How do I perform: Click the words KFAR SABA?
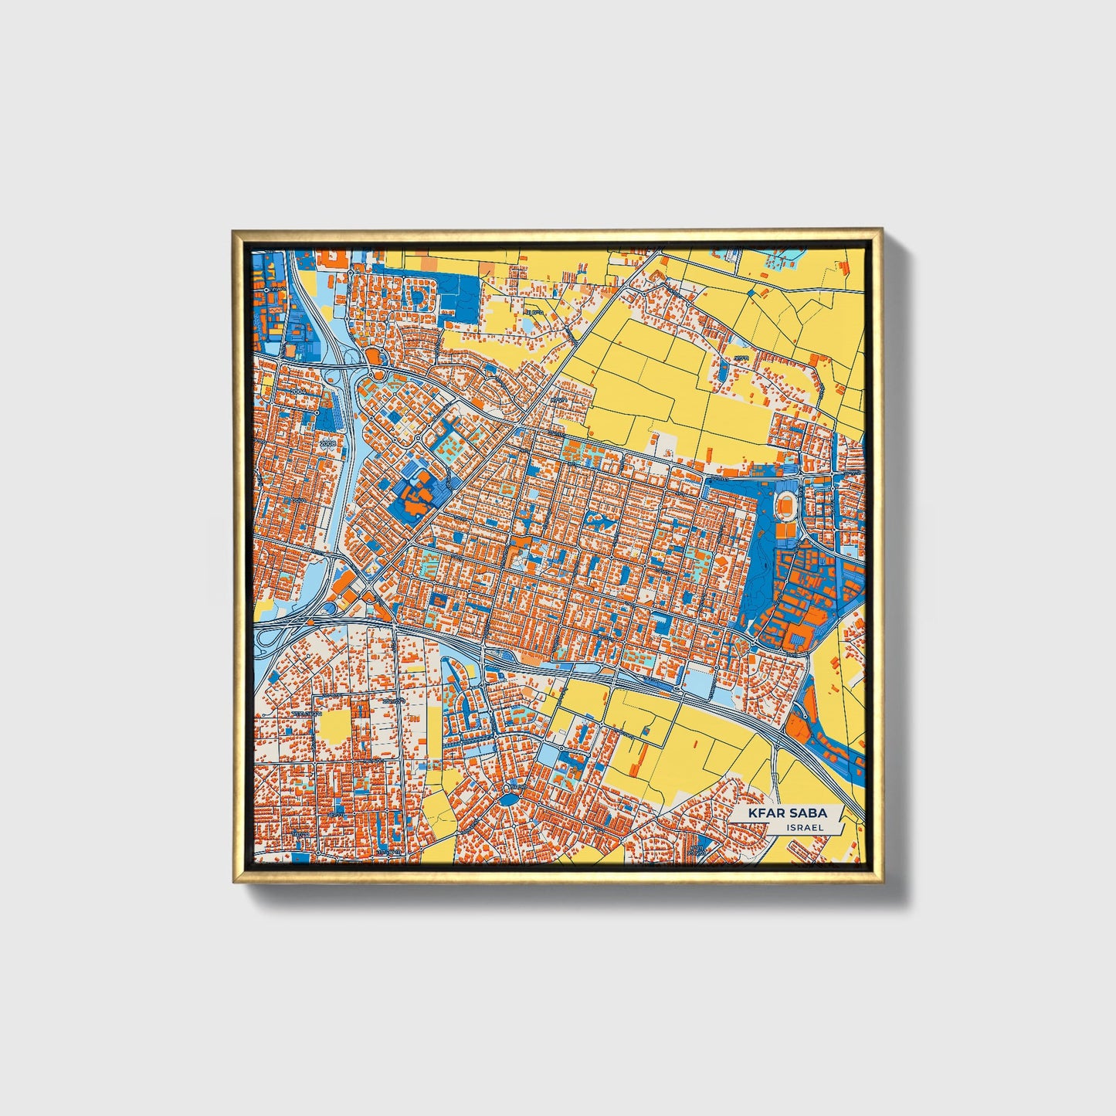click(x=787, y=812)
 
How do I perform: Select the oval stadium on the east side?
click(x=786, y=504)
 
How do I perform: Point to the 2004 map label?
click(x=300, y=392)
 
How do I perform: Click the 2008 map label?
click(x=328, y=443)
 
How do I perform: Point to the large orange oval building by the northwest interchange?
click(x=373, y=357)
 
